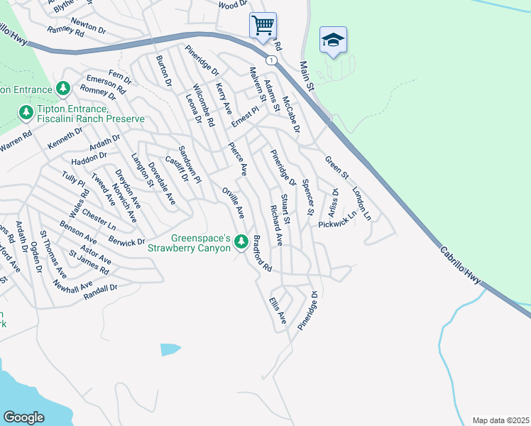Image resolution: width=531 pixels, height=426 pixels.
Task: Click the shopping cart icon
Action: [x=263, y=26]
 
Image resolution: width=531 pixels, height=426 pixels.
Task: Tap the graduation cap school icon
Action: [x=332, y=40]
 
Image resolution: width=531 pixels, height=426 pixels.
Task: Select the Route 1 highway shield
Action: [x=271, y=60]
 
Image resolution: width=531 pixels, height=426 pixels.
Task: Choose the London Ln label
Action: [x=361, y=204]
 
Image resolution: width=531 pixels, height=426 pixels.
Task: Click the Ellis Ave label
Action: [x=277, y=310]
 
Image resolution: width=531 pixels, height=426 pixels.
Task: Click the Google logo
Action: [x=24, y=417]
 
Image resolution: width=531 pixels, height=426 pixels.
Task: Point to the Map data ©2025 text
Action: [x=500, y=420]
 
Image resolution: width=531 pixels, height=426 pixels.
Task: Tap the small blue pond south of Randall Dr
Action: [x=170, y=349]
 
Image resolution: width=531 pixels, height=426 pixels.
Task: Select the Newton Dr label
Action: [x=89, y=27]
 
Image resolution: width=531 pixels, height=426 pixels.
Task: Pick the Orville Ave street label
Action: [x=233, y=202]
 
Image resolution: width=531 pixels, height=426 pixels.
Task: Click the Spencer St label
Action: [x=307, y=197]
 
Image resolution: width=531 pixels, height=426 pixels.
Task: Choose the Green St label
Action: [x=337, y=168]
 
